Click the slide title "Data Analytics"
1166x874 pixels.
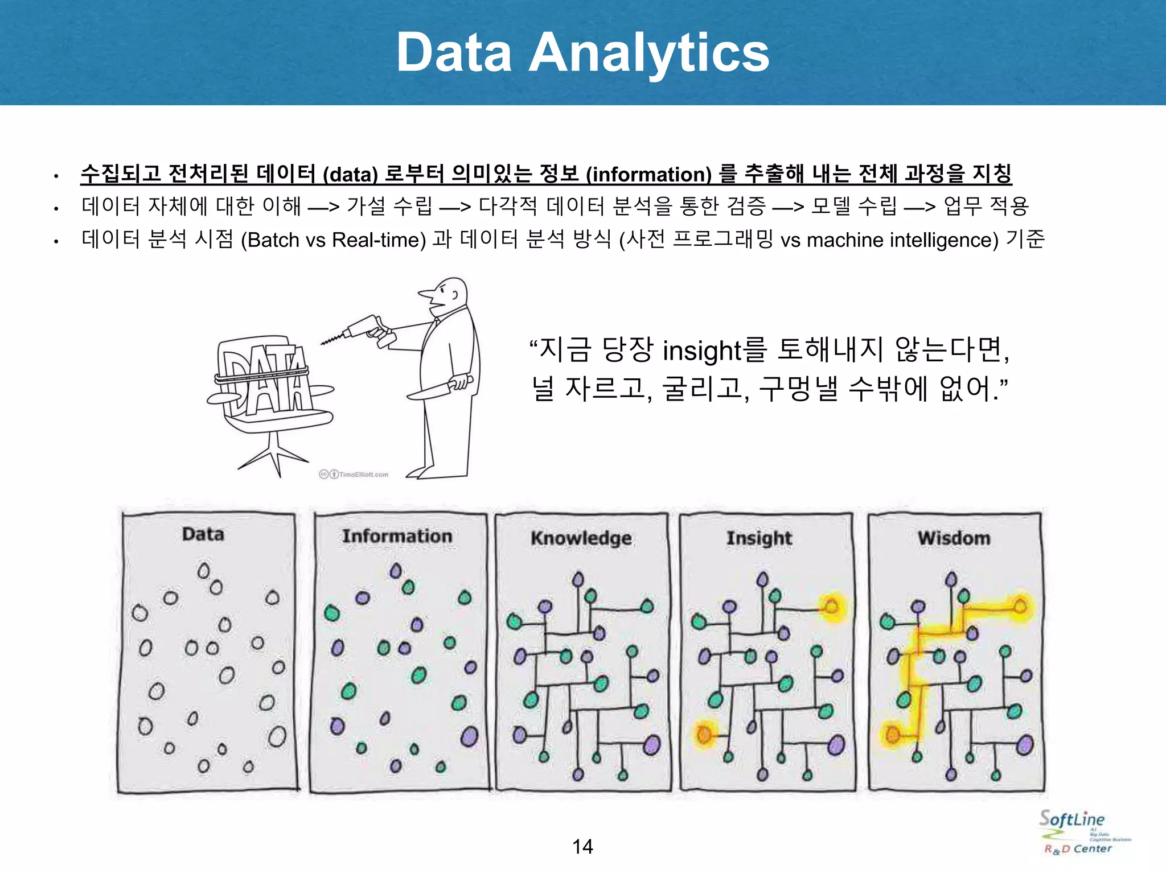582,52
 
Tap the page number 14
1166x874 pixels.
582,847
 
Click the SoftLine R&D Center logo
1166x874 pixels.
1079,832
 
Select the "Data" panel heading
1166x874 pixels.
203,534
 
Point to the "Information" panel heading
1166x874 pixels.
397,536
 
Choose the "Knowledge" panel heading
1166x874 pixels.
581,538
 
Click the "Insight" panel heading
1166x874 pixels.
759,538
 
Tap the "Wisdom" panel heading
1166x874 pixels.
954,538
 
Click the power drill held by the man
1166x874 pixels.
364,331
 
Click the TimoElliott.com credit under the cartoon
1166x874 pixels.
355,475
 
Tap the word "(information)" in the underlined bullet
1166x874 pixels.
648,175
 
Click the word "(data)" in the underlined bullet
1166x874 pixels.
350,175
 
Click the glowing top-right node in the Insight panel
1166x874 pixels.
832,607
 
